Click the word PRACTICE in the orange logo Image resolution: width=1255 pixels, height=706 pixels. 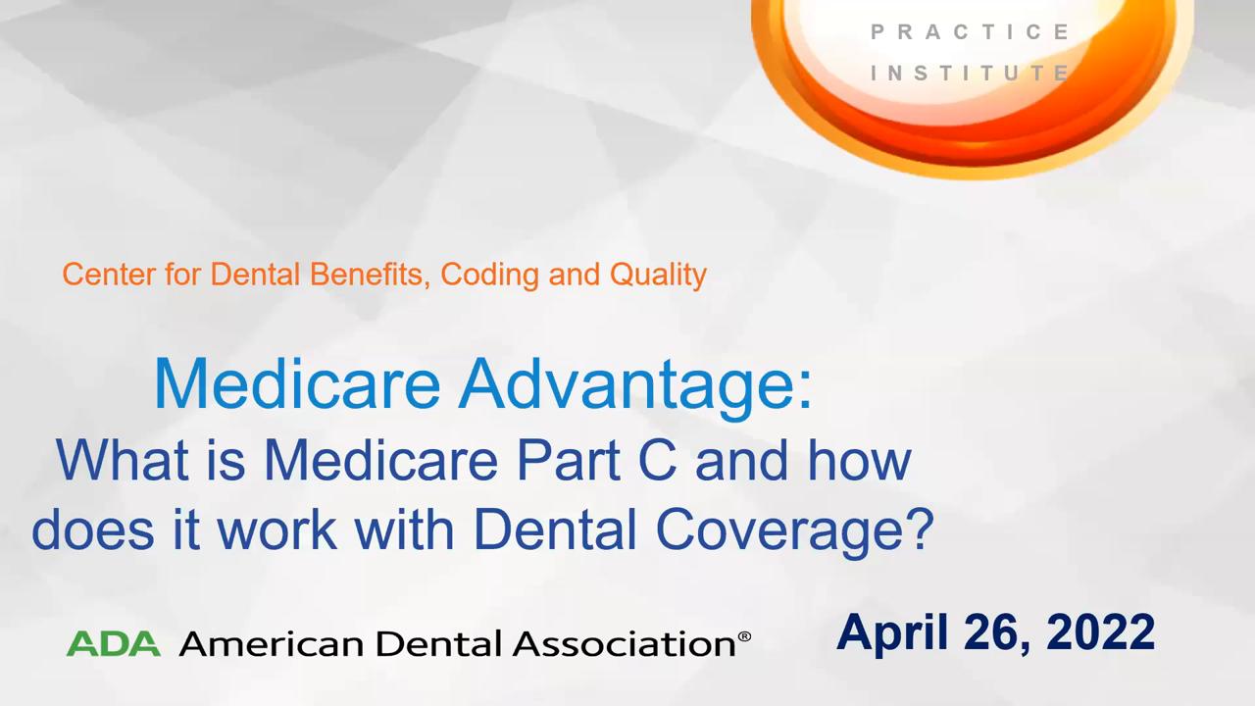[971, 32]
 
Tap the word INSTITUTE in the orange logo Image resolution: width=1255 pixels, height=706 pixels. [971, 73]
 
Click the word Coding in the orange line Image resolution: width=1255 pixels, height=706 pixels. [489, 276]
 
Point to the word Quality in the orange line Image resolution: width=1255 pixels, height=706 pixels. [658, 276]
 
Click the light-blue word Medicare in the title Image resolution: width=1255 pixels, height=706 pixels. [297, 385]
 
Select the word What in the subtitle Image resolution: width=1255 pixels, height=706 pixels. [123, 460]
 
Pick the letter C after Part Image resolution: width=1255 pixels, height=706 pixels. [657, 460]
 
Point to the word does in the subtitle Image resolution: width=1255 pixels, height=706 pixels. [93, 529]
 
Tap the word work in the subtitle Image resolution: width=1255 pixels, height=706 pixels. [277, 529]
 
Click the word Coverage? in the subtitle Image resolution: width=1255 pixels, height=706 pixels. [794, 532]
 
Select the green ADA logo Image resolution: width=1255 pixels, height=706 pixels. [114, 643]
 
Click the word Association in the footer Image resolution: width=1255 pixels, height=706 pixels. [625, 644]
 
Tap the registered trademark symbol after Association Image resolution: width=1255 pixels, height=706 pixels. [744, 637]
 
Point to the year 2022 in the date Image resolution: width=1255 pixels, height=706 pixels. [1100, 632]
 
